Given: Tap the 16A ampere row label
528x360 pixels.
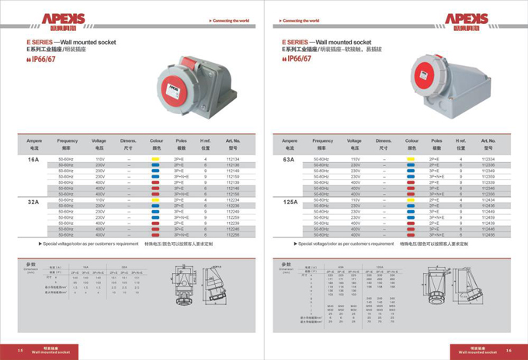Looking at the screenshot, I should (33, 159).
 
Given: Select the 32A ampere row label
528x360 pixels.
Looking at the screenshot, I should (33, 202).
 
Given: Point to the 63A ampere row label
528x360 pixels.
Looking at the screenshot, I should (289, 159).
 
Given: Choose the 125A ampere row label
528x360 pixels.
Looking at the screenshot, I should (289, 202).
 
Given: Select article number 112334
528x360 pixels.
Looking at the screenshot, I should (488, 159).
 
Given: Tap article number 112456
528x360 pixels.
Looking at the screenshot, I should (488, 234).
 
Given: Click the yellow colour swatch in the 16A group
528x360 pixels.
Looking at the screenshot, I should (155, 159).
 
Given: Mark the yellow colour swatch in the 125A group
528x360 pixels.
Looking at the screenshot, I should (411, 199).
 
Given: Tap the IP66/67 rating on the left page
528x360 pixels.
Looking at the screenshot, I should (45, 57).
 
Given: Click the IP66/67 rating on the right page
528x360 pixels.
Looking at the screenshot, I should (298, 57).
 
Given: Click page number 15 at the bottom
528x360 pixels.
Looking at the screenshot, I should (20, 350).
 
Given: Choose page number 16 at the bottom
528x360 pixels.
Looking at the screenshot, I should (509, 350).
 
